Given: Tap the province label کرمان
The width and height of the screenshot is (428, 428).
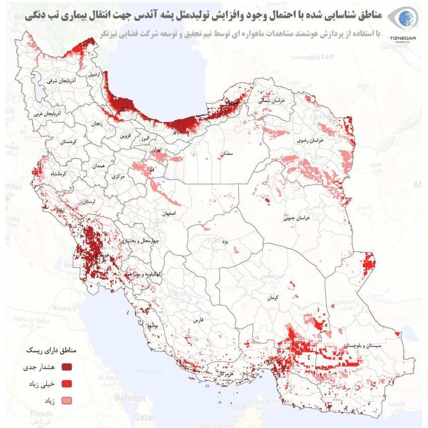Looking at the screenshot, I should coord(273,298).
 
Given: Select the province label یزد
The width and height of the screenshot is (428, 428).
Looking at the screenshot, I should coord(226,242).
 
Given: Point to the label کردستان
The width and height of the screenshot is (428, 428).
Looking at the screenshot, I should coord(67,141).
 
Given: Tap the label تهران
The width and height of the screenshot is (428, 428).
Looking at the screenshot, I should coord(155,150).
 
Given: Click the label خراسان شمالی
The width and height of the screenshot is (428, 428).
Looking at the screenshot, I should coord(272,101).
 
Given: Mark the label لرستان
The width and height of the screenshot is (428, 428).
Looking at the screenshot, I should coord(87,201).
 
